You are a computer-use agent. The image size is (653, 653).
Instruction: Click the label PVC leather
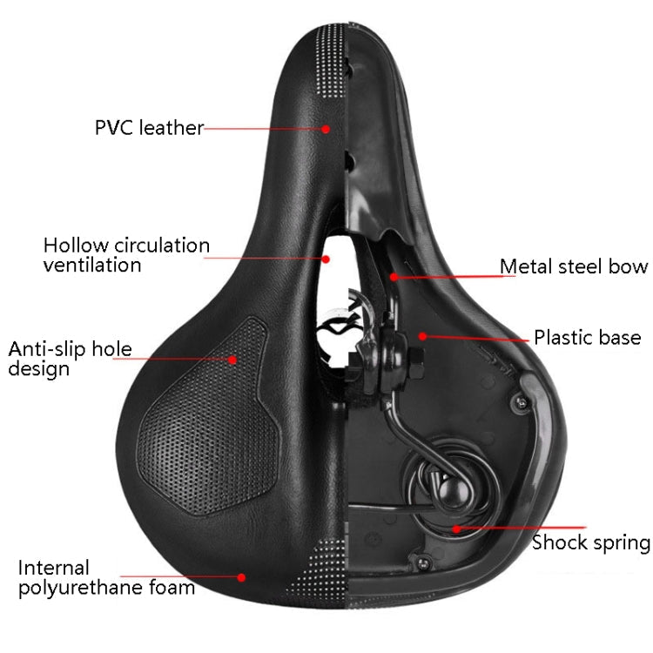pos(149,128)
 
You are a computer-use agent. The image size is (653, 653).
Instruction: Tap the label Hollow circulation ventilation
pos(126,255)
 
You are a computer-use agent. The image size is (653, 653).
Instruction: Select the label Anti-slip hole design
pos(71,359)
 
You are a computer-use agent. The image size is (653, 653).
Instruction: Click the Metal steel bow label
pos(573,266)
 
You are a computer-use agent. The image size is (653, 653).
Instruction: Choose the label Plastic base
pos(587,338)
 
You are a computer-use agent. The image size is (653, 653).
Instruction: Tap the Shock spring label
pos(590,543)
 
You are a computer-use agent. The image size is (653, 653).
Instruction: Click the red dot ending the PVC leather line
pos(326,129)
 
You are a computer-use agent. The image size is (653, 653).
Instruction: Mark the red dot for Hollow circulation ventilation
pos(327,258)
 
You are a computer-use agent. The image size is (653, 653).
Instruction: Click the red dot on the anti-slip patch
pos(233,358)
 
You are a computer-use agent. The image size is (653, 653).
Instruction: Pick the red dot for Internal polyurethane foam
pos(241,576)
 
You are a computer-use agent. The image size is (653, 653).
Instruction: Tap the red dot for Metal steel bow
pos(394,278)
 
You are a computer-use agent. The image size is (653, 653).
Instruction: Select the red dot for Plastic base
pos(422,335)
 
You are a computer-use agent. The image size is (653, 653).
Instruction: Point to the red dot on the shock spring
pos(454,527)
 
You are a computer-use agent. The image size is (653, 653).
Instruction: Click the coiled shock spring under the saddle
pos(444,488)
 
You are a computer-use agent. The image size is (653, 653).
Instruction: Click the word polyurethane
pos(86,588)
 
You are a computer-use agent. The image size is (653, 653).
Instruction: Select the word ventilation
pos(92,266)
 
